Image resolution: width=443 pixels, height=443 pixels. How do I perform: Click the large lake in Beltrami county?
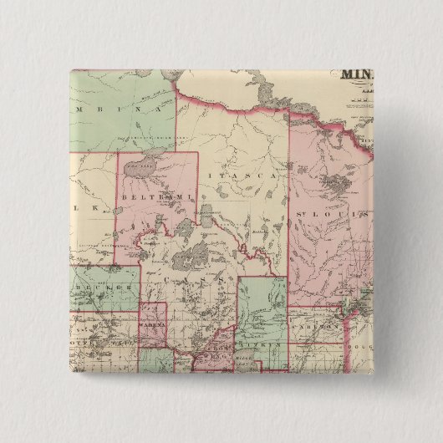tap(142, 168)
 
